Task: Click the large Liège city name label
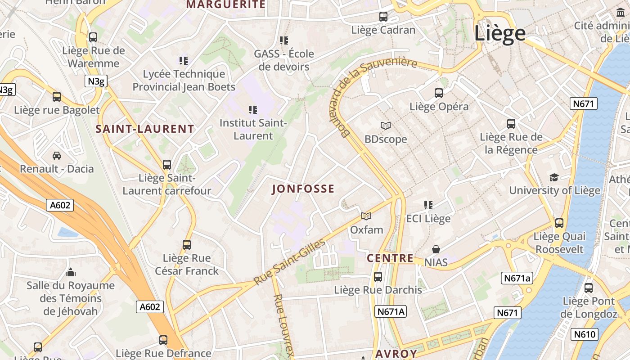click(500, 34)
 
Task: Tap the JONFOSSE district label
click(303, 189)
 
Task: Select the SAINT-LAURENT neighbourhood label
click(145, 129)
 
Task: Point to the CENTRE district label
click(390, 258)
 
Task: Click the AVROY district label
click(396, 354)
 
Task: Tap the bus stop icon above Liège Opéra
click(438, 93)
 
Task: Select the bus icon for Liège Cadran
click(383, 17)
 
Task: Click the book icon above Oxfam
click(366, 216)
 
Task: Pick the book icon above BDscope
click(386, 126)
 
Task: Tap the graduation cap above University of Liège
click(554, 177)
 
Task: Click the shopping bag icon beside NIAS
click(436, 249)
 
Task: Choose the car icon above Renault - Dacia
click(57, 156)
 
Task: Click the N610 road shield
click(584, 334)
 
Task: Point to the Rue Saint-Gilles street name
click(289, 262)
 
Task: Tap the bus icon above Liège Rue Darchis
click(378, 277)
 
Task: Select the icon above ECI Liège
click(428, 205)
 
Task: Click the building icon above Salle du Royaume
click(70, 272)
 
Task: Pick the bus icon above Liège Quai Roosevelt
click(559, 223)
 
